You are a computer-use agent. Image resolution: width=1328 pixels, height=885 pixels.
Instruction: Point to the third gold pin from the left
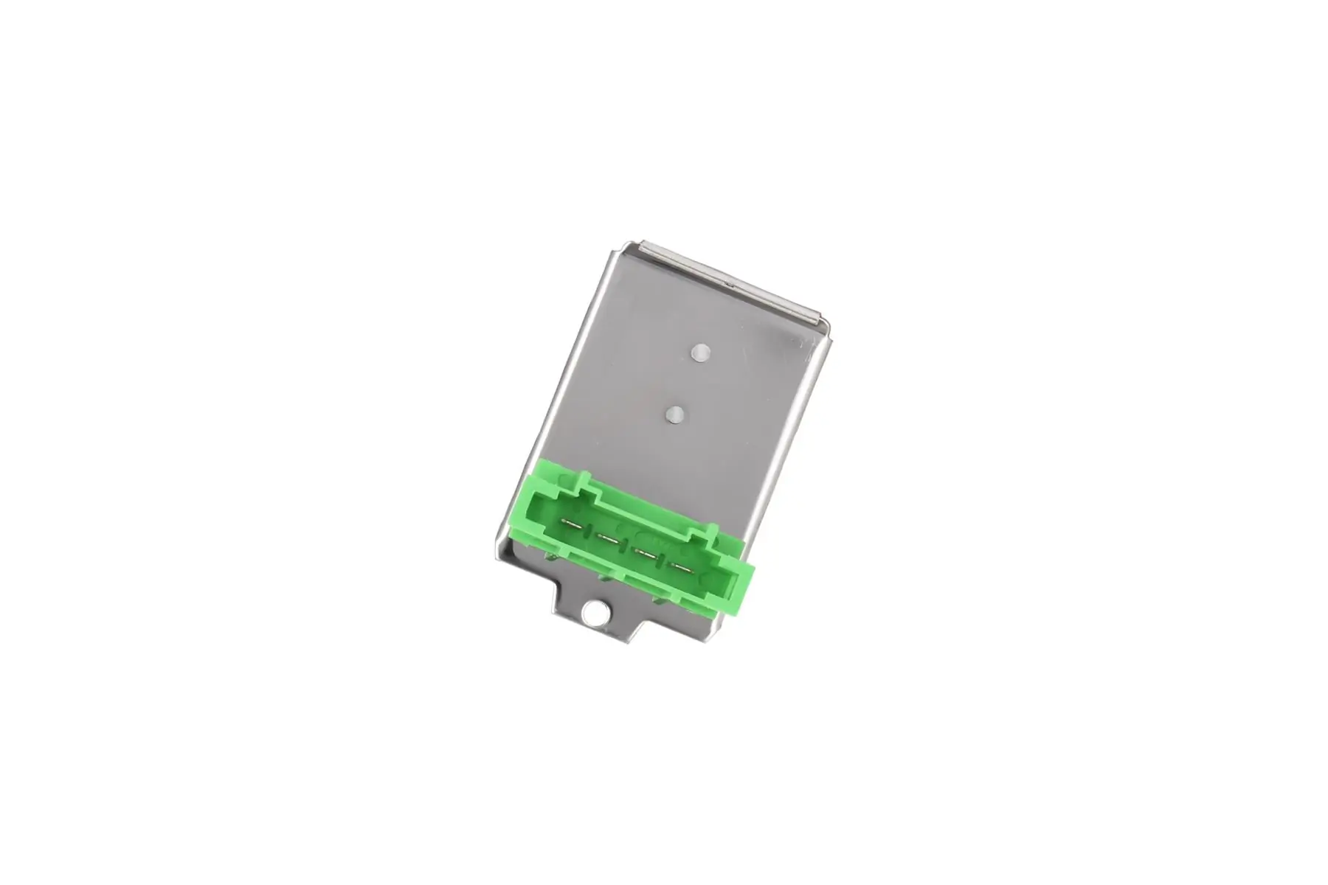646,553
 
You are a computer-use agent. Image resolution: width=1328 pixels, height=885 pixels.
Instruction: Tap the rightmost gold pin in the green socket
680,566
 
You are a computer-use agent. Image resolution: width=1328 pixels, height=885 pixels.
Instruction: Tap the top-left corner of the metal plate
625,247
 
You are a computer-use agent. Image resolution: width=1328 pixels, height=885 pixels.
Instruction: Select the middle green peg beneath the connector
606,582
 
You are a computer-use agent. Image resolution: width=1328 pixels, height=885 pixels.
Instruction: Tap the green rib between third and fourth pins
663,561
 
